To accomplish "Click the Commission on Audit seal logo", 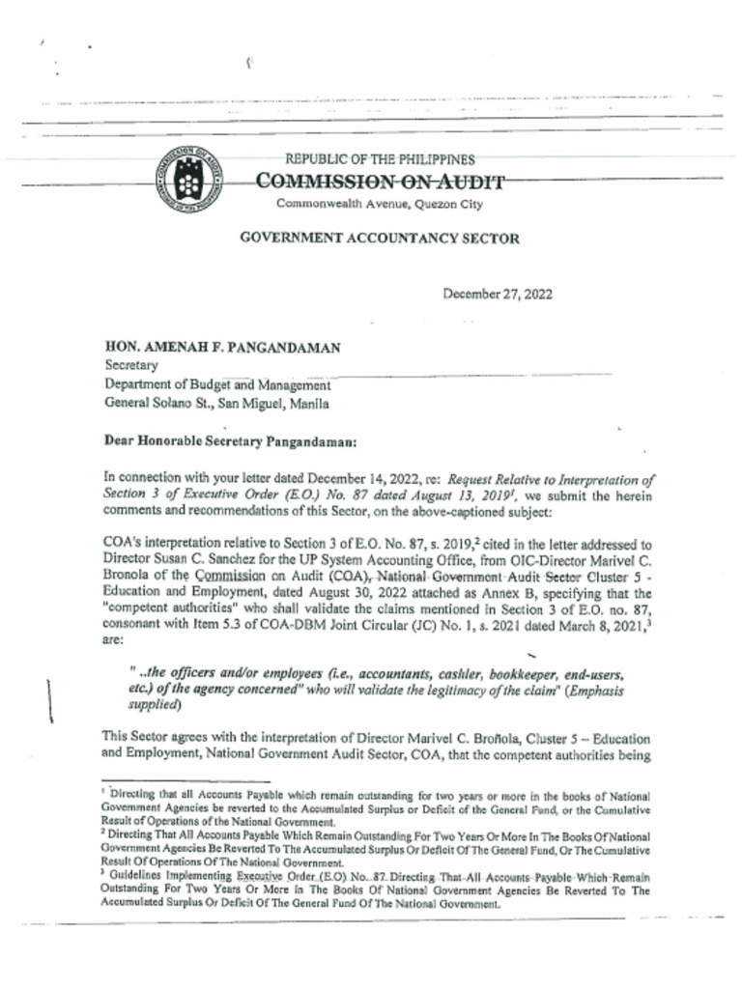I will [x=188, y=180].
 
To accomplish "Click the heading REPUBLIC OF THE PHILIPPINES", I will [x=380, y=159].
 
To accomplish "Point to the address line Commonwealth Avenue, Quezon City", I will [x=380, y=204].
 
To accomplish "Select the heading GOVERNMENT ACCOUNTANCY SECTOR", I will [x=380, y=239].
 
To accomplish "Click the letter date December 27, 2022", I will [x=498, y=295].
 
